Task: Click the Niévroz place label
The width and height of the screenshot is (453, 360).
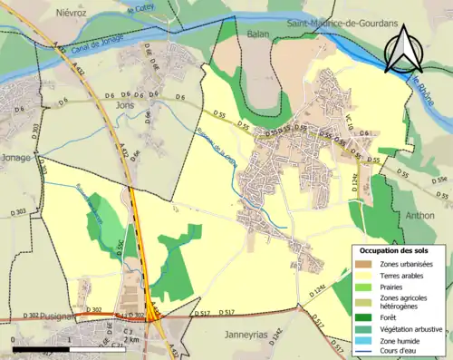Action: (x=71, y=14)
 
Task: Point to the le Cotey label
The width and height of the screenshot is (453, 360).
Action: (x=141, y=9)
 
